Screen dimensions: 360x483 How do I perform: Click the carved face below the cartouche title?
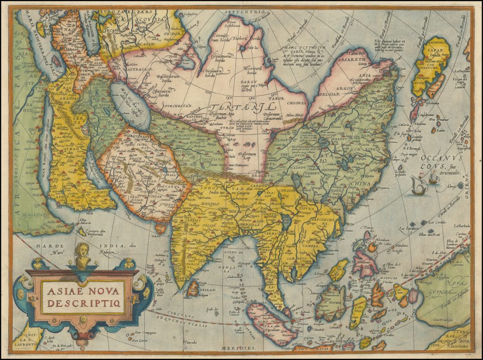(83, 319)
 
